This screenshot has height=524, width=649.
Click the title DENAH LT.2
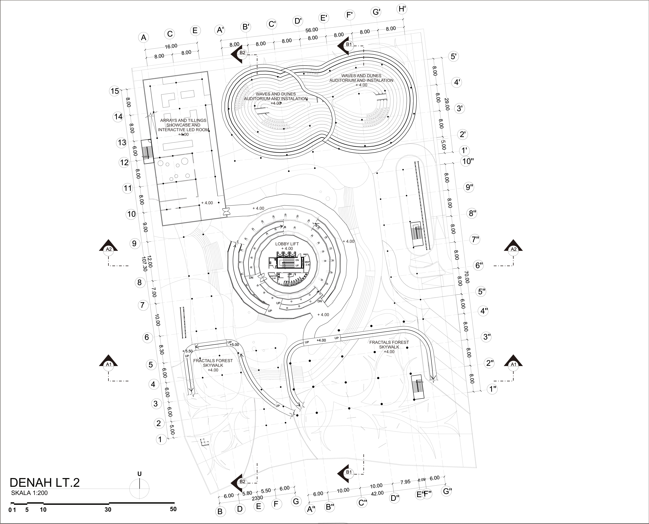(45, 483)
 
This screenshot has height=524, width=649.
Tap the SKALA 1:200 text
(29, 493)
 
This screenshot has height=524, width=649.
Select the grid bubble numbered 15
(115, 91)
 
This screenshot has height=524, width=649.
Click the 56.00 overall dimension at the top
(312, 30)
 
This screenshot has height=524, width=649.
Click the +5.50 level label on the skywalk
(187, 351)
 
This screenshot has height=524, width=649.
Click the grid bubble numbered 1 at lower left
(160, 440)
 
